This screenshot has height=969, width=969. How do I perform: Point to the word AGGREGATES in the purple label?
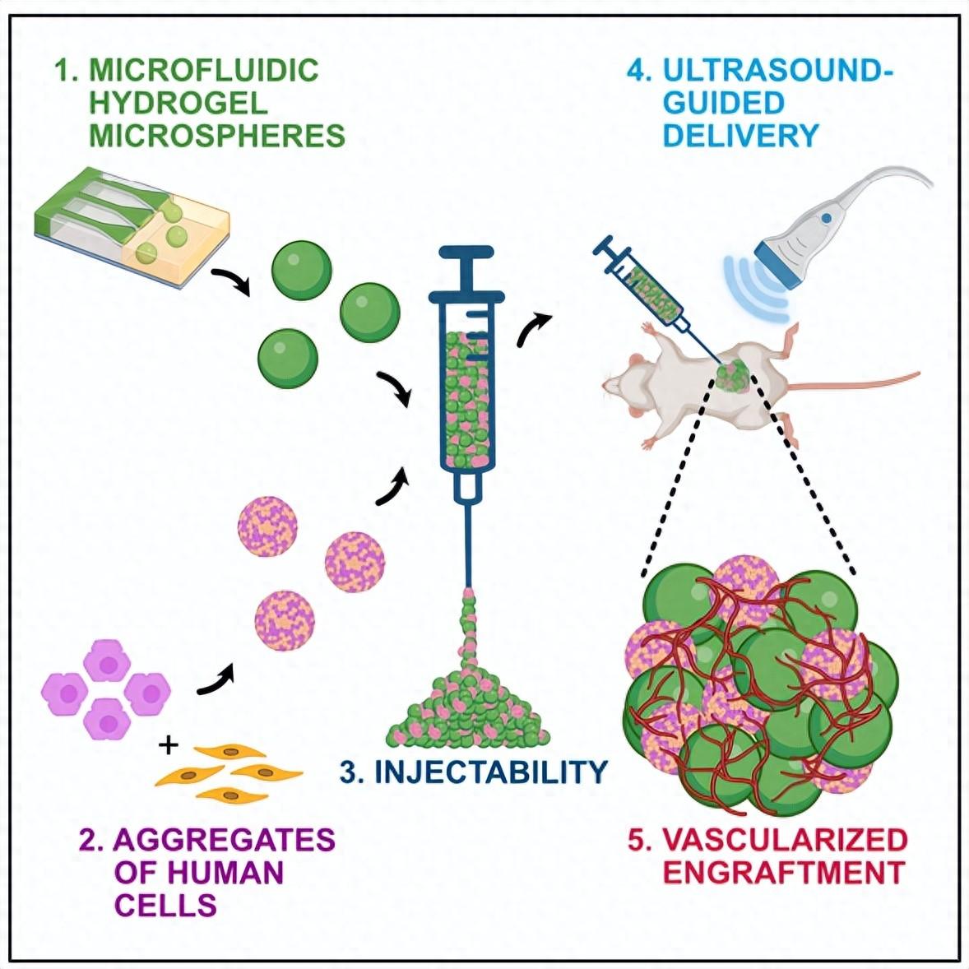(224, 840)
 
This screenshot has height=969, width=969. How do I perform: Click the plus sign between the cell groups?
(169, 746)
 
